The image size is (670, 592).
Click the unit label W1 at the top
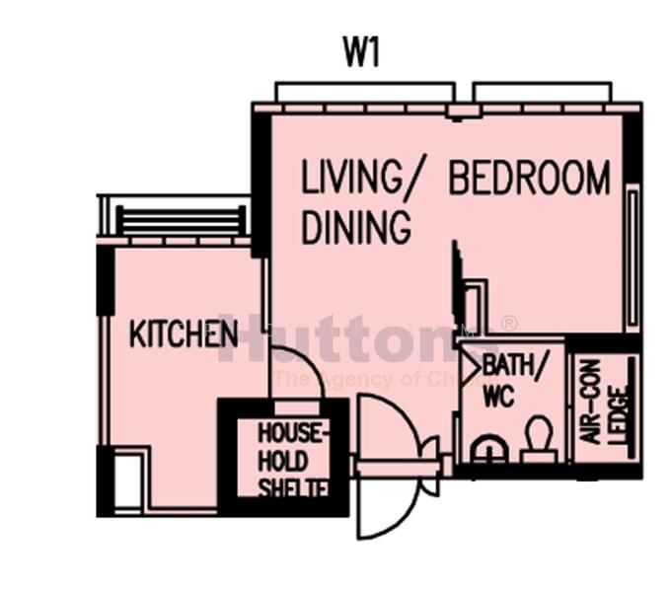tap(361, 51)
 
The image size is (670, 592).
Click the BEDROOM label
tap(529, 179)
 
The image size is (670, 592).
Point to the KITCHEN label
tap(183, 334)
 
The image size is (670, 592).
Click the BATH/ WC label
tap(505, 378)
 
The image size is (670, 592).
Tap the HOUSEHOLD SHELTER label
tap(289, 461)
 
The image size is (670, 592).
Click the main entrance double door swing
tap(391, 464)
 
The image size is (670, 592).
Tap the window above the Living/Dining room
tap(364, 93)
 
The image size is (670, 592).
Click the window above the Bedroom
tap(542, 93)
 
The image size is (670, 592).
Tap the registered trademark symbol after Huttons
tap(509, 324)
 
